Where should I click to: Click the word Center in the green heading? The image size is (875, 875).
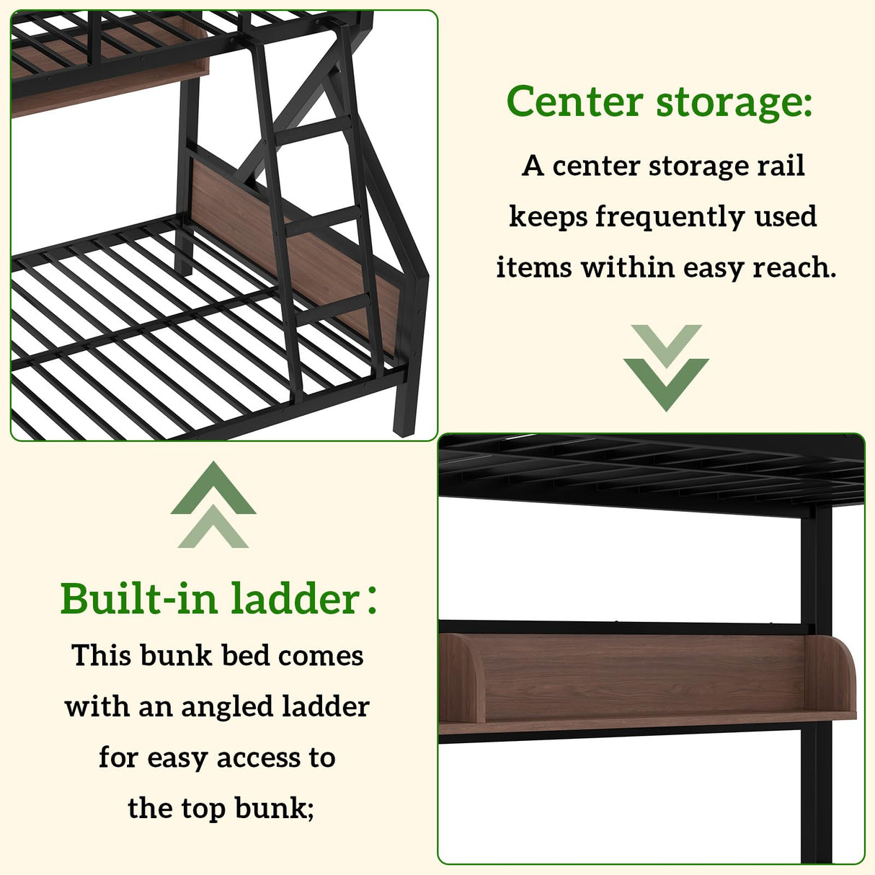(x=574, y=102)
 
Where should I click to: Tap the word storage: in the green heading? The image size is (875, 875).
(x=734, y=102)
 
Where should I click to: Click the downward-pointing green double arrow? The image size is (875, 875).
(x=666, y=368)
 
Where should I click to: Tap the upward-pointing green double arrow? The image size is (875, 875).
(x=213, y=505)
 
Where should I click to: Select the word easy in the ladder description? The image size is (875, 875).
(x=177, y=758)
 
